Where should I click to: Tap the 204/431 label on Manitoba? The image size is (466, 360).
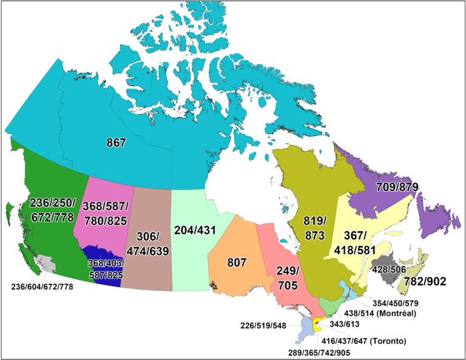(195, 231)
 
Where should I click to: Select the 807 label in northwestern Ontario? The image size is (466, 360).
(236, 262)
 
